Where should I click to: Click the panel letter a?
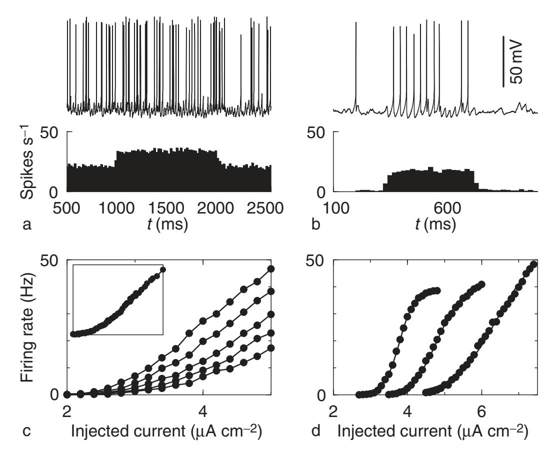(x=27, y=225)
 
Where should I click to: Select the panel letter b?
(x=315, y=225)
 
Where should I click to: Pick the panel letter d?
(x=315, y=429)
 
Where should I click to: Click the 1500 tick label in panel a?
(x=168, y=207)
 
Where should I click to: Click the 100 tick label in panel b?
(x=333, y=207)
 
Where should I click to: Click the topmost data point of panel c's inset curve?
(x=162, y=270)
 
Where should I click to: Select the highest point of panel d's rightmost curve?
(x=533, y=264)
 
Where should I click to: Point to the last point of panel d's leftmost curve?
(x=437, y=290)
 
